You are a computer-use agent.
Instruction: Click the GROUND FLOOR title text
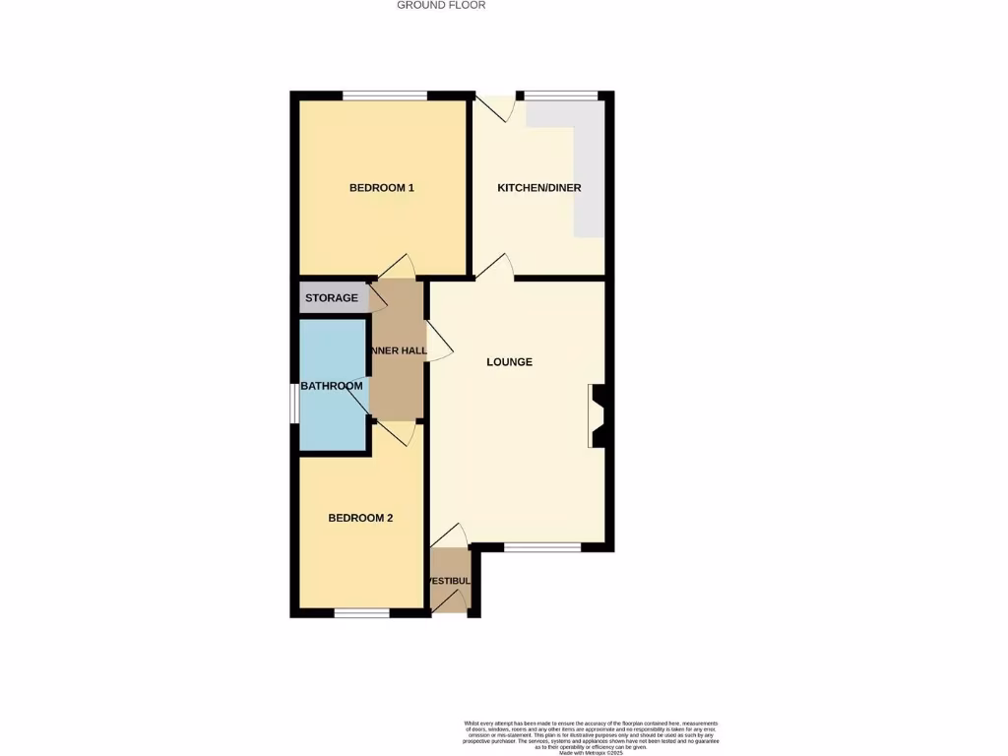coord(441,5)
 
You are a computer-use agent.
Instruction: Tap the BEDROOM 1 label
coord(382,187)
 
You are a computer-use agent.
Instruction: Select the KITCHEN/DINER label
coord(539,188)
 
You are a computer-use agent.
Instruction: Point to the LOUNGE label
coord(510,362)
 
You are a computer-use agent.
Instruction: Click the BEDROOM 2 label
coord(360,518)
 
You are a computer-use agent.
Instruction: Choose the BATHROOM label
coord(332,386)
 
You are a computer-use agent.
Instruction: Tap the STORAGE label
coord(332,298)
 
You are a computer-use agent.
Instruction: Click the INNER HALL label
coord(398,351)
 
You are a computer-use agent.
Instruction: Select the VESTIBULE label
coord(449,581)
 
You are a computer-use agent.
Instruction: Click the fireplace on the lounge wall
coord(598,416)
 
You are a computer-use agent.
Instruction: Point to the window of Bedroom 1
coord(385,95)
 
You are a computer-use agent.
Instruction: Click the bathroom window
coord(293,404)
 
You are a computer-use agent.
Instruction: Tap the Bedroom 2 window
coord(361,613)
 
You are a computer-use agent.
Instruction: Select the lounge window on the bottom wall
coord(542,545)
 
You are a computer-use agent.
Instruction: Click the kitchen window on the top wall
coord(561,95)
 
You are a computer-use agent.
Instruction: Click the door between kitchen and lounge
coord(496,268)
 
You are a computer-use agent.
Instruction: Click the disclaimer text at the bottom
coord(591,737)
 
